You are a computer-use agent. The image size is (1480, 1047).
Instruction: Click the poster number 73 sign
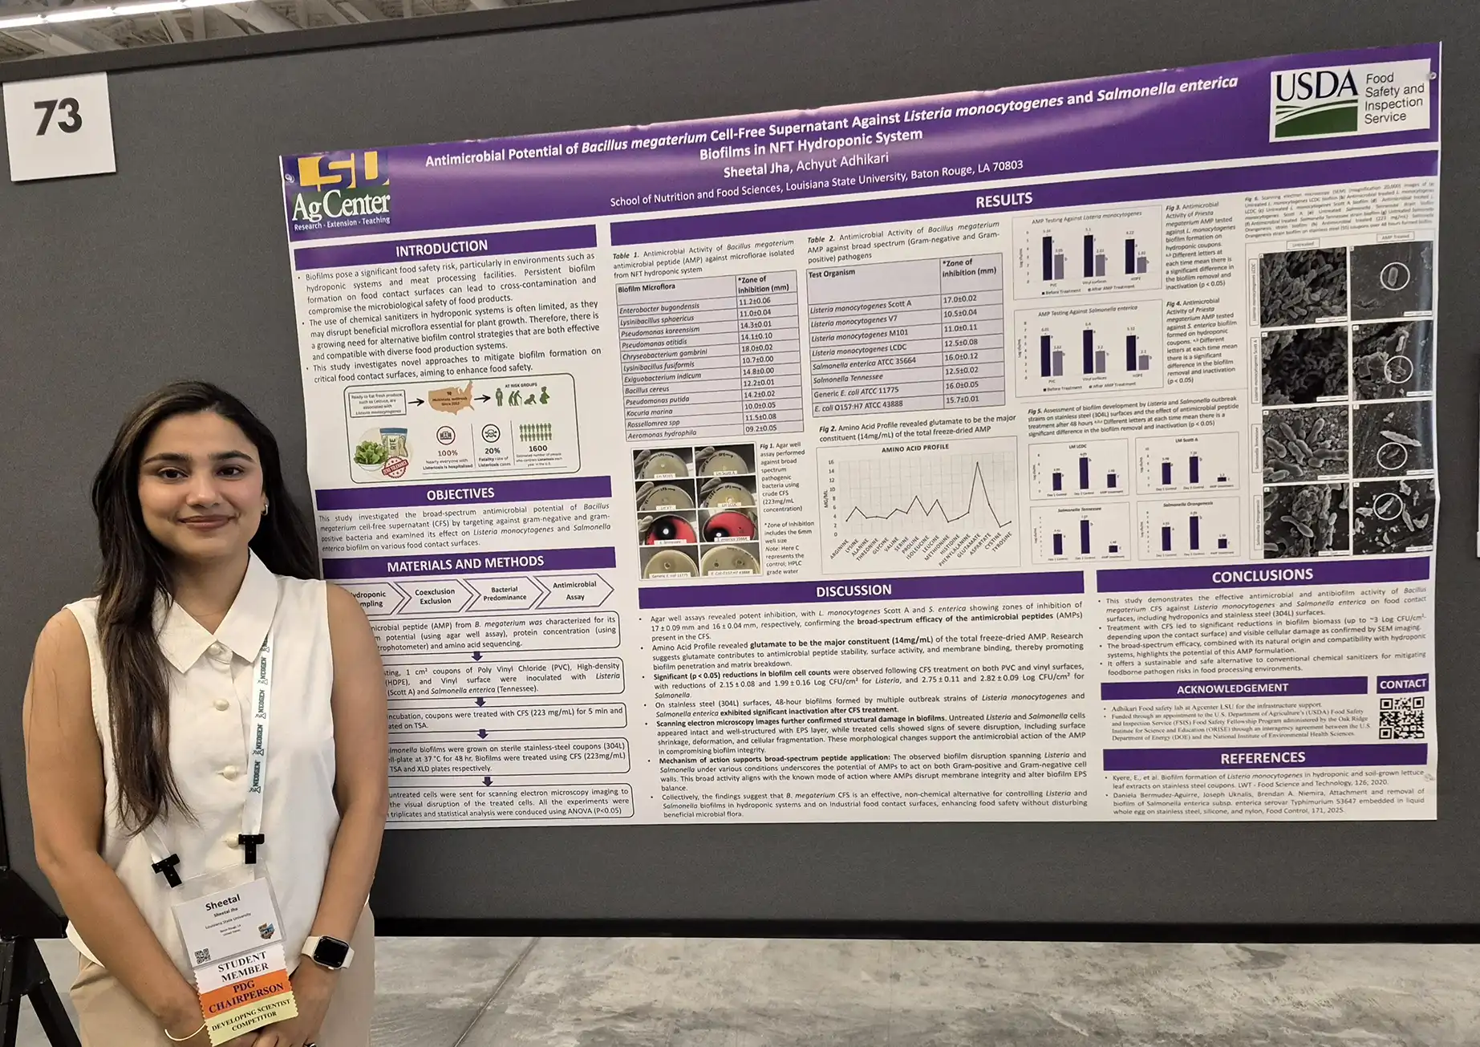pos(58,119)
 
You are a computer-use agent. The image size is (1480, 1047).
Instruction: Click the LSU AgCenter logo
pos(341,194)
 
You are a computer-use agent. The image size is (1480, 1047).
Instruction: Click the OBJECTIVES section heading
pos(460,493)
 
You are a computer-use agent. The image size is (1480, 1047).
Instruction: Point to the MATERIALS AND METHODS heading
pos(465,564)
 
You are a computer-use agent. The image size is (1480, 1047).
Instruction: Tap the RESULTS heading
pos(1004,200)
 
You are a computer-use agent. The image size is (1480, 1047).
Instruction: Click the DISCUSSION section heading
pos(854,590)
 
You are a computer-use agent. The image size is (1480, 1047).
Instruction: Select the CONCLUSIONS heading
pos(1262,575)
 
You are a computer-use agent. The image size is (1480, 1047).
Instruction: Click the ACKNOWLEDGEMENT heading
pos(1232,688)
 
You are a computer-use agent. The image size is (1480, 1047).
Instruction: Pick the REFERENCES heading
pos(1263,757)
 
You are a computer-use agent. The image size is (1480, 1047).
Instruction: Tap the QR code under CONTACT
pos(1401,718)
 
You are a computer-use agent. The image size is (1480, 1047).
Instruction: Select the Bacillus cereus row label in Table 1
pos(647,390)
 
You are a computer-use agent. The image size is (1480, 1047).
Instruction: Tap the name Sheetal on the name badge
pos(222,904)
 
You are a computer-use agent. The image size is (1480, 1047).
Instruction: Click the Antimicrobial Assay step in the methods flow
pos(574,590)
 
